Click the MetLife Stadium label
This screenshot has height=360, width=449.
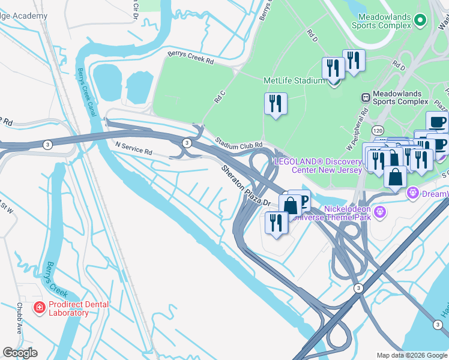(x=294, y=80)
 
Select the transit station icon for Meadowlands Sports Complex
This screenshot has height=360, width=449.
(x=364, y=97)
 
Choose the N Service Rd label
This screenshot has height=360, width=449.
(x=133, y=148)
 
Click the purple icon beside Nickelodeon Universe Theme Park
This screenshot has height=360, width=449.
(x=379, y=212)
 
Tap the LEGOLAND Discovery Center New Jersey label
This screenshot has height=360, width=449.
(x=327, y=166)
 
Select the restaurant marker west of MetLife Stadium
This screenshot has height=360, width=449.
(x=276, y=103)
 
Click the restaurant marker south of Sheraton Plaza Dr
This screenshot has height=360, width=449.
(x=276, y=223)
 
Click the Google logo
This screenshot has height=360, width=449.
(x=20, y=353)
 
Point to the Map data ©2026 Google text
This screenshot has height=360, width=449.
(x=411, y=355)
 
